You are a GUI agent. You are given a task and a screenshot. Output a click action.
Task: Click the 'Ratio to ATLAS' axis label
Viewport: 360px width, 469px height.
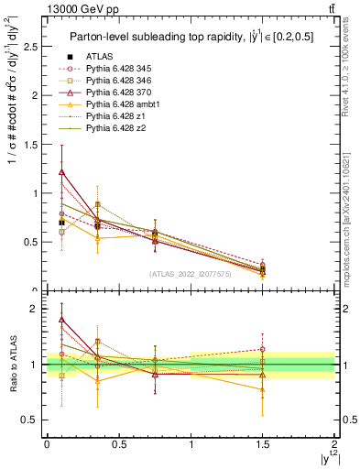click(12, 365)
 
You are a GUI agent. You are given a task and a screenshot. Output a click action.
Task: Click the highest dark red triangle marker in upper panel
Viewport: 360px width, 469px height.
click(61, 171)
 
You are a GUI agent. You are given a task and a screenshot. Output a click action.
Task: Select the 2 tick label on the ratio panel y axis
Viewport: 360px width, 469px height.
click(34, 309)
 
